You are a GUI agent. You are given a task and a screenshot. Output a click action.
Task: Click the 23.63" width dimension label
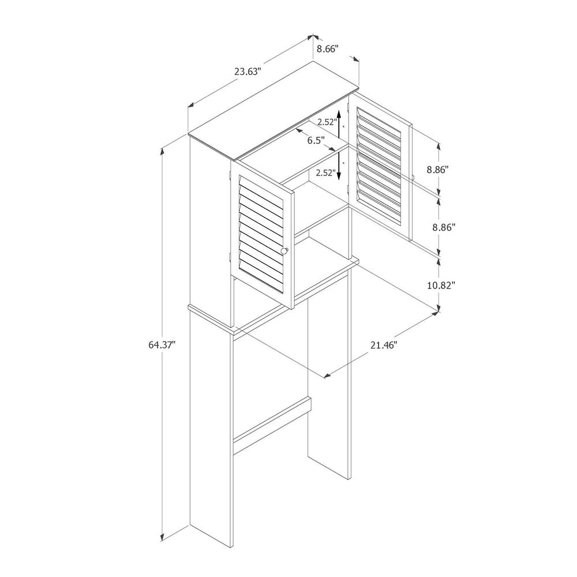(x=248, y=71)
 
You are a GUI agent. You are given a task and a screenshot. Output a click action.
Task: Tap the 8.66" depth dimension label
(x=327, y=49)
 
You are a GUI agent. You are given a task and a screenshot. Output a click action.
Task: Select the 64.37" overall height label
(x=162, y=345)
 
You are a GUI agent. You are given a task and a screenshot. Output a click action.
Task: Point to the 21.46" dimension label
(x=384, y=345)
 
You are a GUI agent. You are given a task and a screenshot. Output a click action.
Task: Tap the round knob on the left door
(x=284, y=250)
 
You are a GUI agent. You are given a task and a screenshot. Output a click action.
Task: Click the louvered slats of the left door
(x=261, y=235)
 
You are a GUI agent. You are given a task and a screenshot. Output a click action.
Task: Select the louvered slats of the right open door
(x=379, y=166)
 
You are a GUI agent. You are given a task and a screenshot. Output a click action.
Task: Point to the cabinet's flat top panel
(x=273, y=111)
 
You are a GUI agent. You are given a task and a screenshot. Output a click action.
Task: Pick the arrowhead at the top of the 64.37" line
(x=162, y=153)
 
